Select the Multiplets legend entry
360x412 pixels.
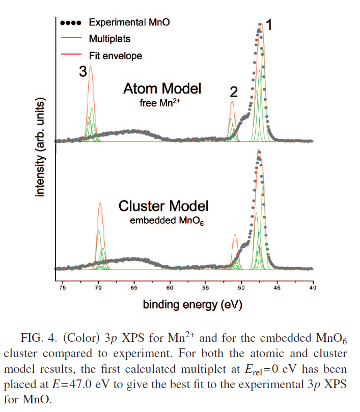[109, 39]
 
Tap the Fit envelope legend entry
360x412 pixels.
[115, 55]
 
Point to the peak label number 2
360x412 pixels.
[234, 92]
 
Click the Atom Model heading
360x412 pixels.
[162, 89]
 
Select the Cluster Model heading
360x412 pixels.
[163, 206]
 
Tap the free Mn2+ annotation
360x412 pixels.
[161, 103]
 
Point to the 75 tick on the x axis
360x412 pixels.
[63, 288]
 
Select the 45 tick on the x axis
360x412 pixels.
[277, 288]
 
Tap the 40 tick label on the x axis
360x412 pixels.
[313, 288]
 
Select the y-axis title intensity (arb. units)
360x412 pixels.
[40, 148]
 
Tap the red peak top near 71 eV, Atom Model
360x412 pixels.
[91, 67]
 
